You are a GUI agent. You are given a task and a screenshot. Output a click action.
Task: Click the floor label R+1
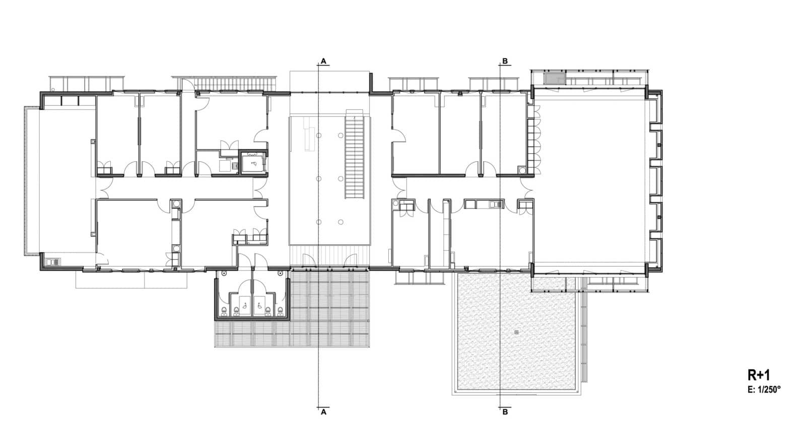759,375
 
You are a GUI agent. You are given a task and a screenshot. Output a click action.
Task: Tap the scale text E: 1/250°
764,390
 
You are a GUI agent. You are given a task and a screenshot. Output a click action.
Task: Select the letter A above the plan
323,61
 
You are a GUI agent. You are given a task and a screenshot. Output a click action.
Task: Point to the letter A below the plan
323,412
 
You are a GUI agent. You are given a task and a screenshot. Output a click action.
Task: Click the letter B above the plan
505,61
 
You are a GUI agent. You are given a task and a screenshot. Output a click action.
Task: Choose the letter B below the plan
505,412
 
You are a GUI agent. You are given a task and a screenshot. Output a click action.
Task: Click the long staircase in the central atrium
355,154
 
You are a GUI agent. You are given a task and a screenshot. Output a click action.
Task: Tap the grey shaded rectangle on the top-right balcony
550,79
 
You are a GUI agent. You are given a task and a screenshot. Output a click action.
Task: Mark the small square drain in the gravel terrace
517,332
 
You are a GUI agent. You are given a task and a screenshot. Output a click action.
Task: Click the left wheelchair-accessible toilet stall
244,304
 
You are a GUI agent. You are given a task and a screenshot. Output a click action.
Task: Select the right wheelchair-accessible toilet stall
259,304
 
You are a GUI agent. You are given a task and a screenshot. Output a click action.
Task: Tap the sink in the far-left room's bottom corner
54,262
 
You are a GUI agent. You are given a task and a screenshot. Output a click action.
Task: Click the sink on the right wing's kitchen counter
496,205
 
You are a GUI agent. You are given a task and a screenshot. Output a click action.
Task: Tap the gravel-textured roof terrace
516,331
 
